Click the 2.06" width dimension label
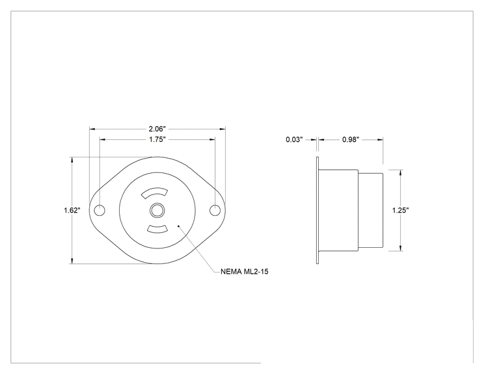(x=157, y=129)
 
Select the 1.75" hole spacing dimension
(x=157, y=139)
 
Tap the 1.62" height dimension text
(x=72, y=210)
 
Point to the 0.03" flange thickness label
(x=294, y=139)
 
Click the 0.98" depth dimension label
(x=351, y=139)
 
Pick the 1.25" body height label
(x=400, y=210)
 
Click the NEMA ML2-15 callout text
(x=245, y=271)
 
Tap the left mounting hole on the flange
(x=100, y=211)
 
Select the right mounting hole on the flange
(x=215, y=211)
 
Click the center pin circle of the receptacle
(x=157, y=211)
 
